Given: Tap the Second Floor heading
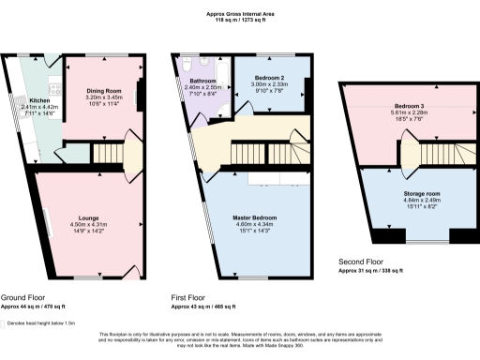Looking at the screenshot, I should point(361,262).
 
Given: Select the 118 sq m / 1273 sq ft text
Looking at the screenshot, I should point(240,20).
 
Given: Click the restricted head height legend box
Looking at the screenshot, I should point(5,322).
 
